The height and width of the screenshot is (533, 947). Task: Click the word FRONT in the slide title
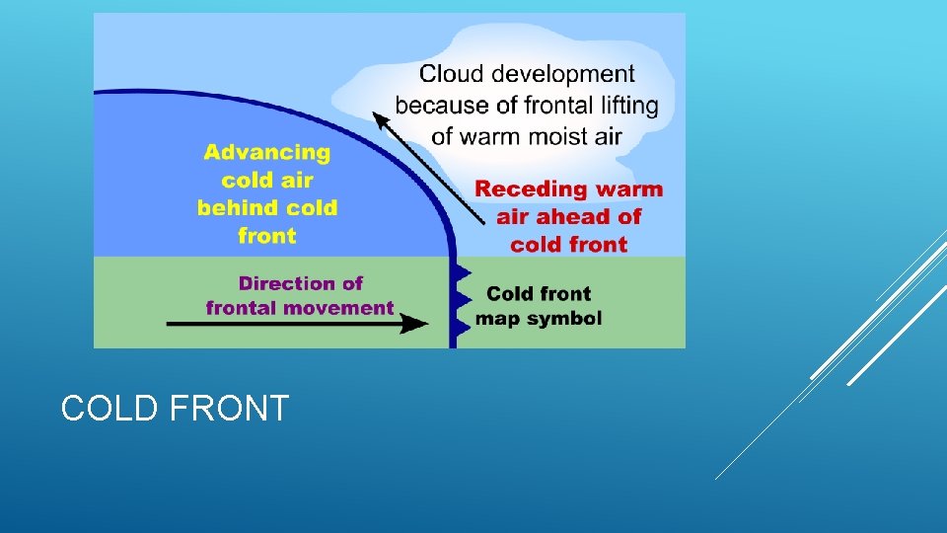(229, 408)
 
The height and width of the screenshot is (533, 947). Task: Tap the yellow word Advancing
(267, 153)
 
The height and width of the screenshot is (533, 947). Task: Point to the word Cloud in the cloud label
(449, 74)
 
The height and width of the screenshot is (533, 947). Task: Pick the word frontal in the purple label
(242, 308)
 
